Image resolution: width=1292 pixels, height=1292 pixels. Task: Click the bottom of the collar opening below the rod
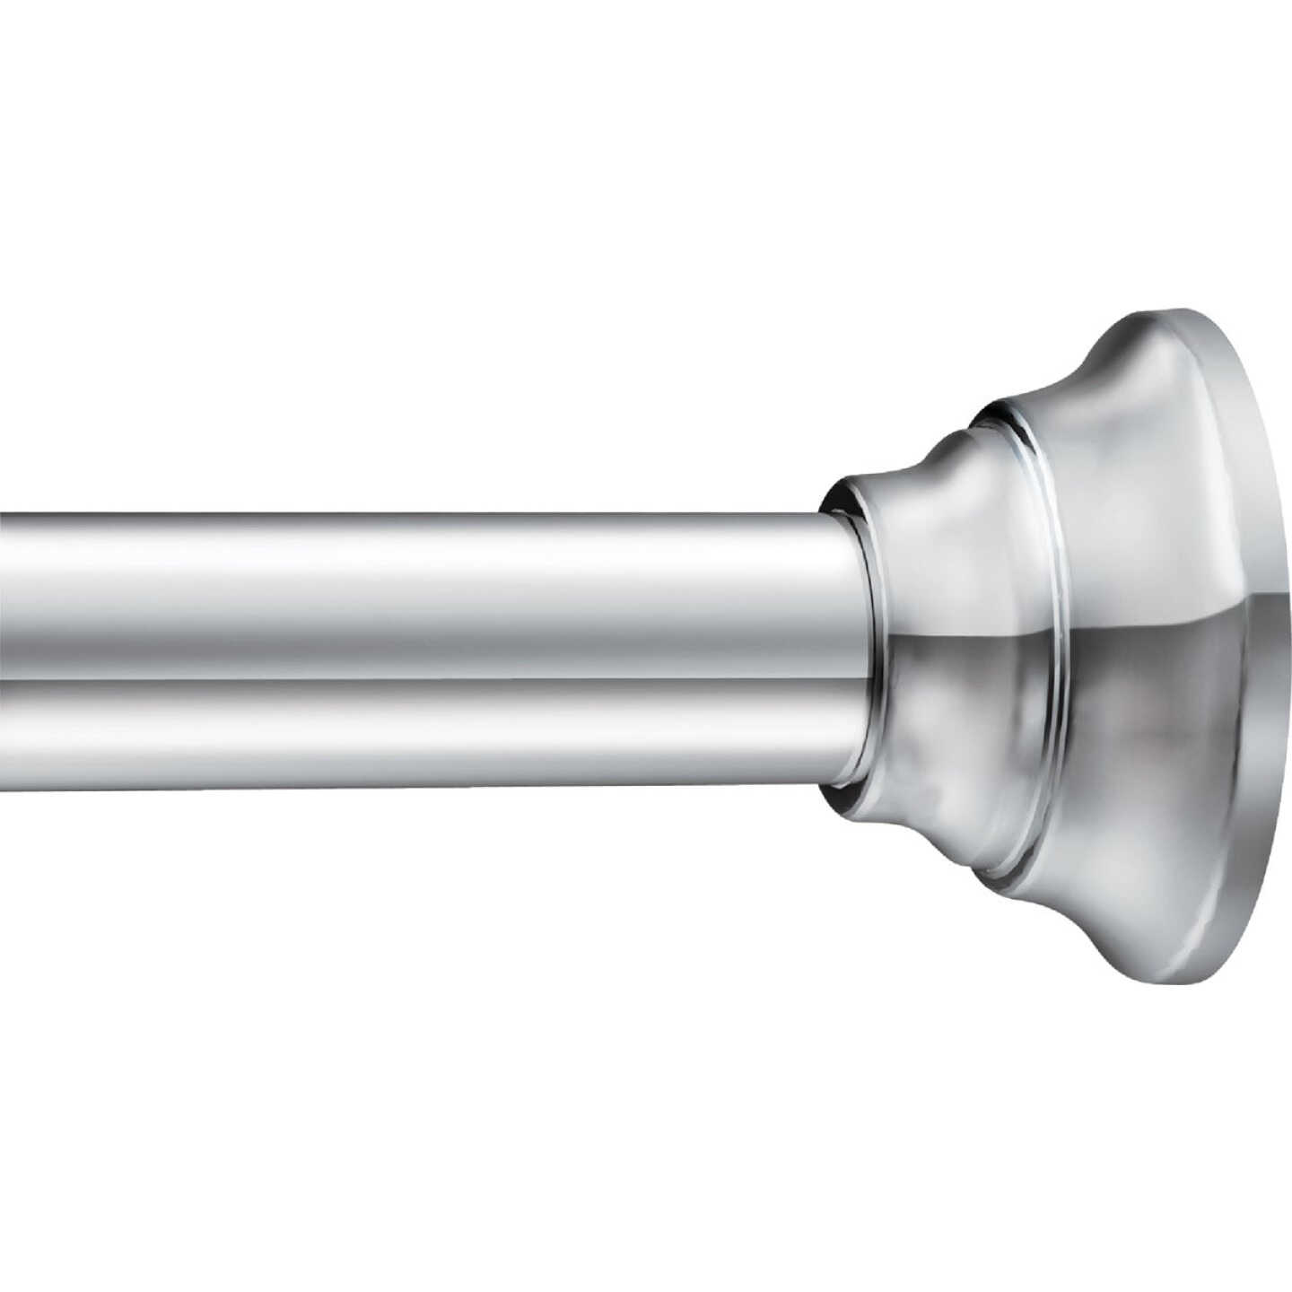(x=843, y=793)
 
